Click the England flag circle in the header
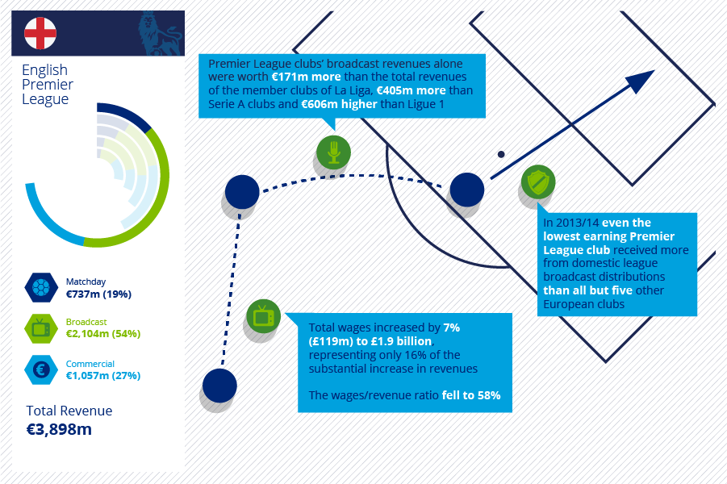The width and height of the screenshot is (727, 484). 40,33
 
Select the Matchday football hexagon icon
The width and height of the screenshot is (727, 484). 41,287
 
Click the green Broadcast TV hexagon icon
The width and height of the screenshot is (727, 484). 41,328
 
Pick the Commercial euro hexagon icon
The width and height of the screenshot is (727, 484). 41,370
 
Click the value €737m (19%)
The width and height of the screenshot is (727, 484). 98,294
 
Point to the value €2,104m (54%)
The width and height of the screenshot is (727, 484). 103,334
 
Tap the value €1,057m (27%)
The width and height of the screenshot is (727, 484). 103,376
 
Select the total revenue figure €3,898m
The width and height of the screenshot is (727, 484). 59,429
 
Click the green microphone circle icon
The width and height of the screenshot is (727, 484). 333,152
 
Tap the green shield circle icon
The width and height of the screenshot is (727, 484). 538,181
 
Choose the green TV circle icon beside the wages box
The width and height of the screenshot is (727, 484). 263,316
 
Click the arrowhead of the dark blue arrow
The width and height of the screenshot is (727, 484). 642,81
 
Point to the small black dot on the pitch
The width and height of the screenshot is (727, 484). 501,154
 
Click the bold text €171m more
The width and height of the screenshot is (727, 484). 306,77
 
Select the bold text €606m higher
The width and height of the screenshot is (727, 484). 340,104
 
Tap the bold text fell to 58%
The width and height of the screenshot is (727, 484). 471,395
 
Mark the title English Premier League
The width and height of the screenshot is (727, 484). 48,85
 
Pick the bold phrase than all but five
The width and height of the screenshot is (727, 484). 588,290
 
